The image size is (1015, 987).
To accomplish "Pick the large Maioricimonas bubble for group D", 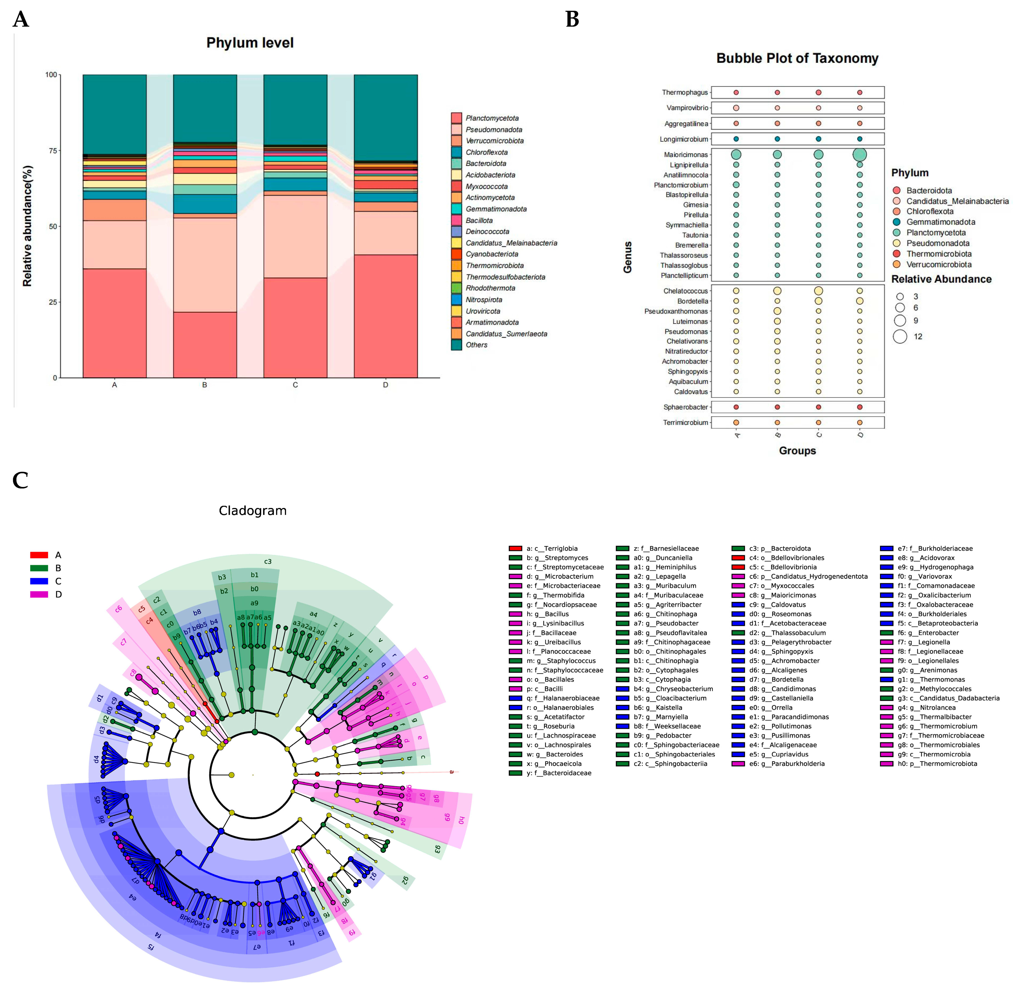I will (x=860, y=154).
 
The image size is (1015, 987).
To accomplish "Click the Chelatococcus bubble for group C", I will (x=818, y=291).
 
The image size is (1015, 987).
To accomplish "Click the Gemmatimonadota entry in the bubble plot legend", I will (x=940, y=222).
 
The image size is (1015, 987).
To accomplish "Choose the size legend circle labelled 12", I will (x=900, y=336).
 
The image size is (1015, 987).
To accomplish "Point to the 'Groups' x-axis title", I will (x=797, y=451).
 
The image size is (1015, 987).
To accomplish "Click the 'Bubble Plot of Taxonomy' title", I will (x=797, y=58).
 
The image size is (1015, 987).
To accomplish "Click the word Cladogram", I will (x=253, y=511).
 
